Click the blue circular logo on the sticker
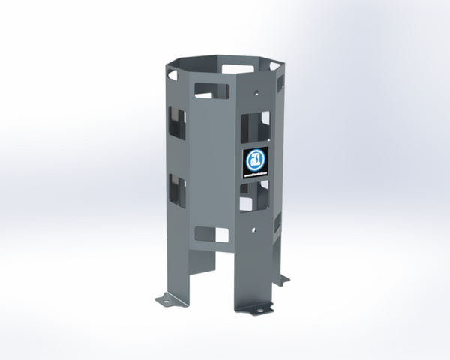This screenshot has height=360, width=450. [253, 160]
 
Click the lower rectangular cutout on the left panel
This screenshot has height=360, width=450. [176, 186]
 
